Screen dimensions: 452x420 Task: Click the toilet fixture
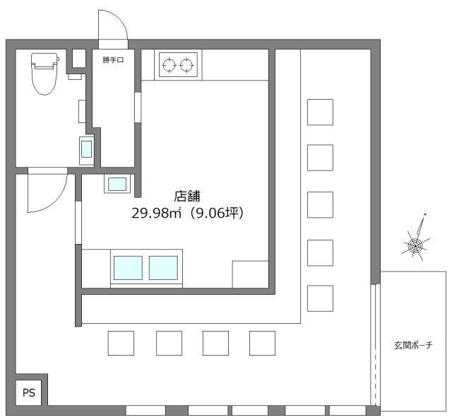click(x=44, y=74)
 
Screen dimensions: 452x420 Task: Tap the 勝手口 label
click(x=113, y=60)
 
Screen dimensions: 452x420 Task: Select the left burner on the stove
click(x=169, y=64)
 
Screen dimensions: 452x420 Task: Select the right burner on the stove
click(x=186, y=64)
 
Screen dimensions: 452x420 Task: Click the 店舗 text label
click(x=187, y=197)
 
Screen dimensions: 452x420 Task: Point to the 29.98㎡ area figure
click(x=156, y=214)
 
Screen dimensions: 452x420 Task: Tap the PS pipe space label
click(x=29, y=393)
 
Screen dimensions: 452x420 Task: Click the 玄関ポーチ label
click(x=413, y=345)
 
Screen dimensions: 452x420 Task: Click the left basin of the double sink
click(x=128, y=268)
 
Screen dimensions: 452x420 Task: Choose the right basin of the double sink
click(x=163, y=268)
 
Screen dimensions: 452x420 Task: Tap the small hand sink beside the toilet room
click(x=86, y=149)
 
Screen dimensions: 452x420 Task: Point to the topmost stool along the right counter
click(x=320, y=112)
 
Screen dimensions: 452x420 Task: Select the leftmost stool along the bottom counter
click(x=121, y=343)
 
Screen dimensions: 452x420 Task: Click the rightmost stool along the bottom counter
click(x=262, y=343)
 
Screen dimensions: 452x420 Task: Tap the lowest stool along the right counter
click(x=320, y=298)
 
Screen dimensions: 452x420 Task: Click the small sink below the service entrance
click(x=117, y=184)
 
